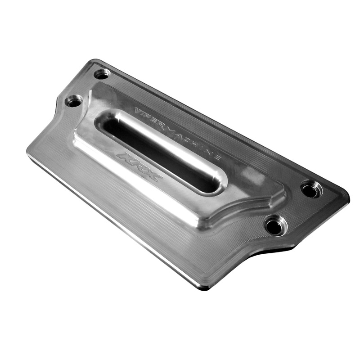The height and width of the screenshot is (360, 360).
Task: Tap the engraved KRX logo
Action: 139,166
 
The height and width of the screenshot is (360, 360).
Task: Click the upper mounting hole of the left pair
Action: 102,73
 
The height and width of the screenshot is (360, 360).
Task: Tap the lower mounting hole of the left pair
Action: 73,101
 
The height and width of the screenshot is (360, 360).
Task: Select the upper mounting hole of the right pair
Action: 310,189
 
